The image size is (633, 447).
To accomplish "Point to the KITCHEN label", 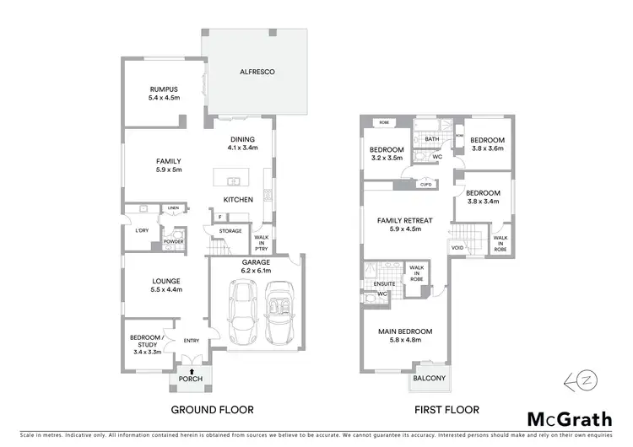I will pyautogui.click(x=238, y=200).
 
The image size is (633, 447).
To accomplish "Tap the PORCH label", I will pyautogui.click(x=190, y=379).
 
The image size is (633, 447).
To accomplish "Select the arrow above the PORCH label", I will pyautogui.click(x=190, y=369).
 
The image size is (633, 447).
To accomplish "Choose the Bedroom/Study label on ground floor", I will pyautogui.click(x=145, y=342).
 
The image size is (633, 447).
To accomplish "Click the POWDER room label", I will pyautogui.click(x=174, y=240).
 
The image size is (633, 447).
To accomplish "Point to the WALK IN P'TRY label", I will pyautogui.click(x=262, y=243).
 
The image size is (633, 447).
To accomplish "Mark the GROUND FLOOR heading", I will pyautogui.click(x=212, y=410).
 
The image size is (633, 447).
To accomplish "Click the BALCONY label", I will pyautogui.click(x=429, y=379).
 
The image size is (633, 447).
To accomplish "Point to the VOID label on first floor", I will pyautogui.click(x=457, y=248).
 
